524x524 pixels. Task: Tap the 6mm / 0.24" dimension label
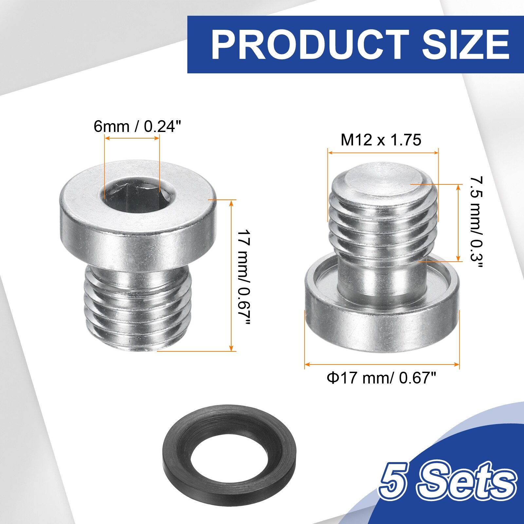coord(137,126)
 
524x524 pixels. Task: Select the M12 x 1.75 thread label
coord(381,140)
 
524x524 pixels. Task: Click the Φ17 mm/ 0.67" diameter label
coord(382,378)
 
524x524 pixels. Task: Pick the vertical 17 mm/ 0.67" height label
coord(244,278)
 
